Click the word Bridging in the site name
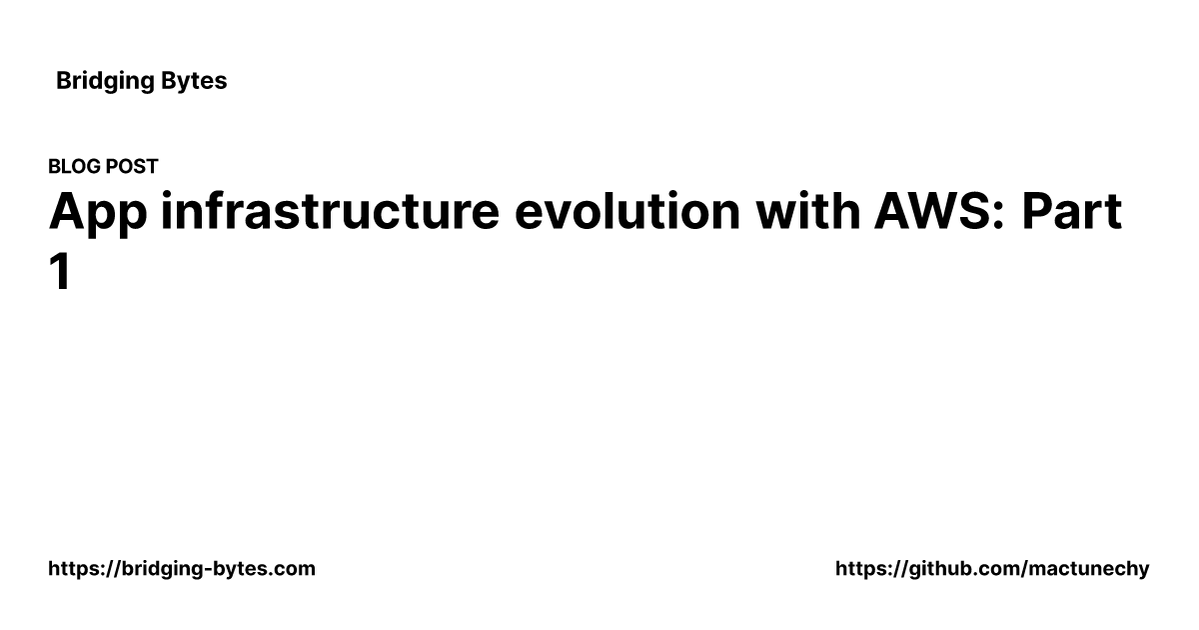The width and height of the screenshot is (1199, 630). point(105,81)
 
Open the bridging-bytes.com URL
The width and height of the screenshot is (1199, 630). point(182,569)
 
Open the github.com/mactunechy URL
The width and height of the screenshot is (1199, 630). point(992,569)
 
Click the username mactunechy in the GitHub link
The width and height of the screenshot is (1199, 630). point(1092,569)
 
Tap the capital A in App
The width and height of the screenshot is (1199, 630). point(65,213)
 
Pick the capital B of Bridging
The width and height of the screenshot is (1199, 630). point(63,81)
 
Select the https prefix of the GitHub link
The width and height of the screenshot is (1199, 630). point(859,569)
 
